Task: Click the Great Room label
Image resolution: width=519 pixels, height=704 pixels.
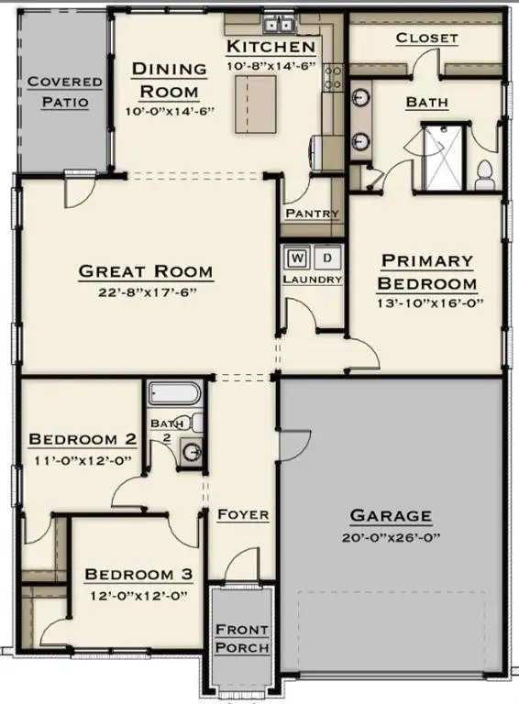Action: (146, 271)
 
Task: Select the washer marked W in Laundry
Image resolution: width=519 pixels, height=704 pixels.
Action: (298, 257)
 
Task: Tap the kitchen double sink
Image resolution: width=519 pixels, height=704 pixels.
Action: (277, 26)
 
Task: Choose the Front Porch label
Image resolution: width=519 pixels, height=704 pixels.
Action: (242, 638)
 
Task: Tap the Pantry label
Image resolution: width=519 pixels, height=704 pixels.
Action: (312, 214)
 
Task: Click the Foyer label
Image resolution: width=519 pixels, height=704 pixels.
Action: (243, 514)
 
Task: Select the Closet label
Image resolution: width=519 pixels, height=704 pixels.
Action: (426, 38)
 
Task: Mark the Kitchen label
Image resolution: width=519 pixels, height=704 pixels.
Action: (271, 47)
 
